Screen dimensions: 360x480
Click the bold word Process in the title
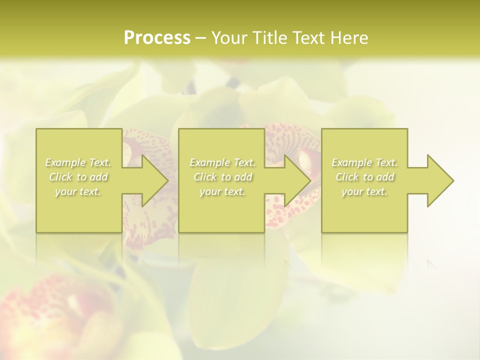pyautogui.click(x=157, y=37)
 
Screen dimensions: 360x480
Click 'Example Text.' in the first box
pyautogui.click(x=78, y=162)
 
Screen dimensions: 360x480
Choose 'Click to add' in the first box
pyautogui.click(x=78, y=177)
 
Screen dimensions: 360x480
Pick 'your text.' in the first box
pyautogui.click(x=78, y=191)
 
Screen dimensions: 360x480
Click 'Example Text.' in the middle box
pyautogui.click(x=222, y=162)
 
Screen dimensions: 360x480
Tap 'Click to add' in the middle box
pyautogui.click(x=222, y=177)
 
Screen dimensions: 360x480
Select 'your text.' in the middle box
pyautogui.click(x=222, y=191)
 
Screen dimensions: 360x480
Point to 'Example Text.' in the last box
pyautogui.click(x=364, y=162)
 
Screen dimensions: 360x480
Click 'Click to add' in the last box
pyautogui.click(x=364, y=177)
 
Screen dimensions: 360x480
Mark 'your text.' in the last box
pyautogui.click(x=364, y=191)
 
